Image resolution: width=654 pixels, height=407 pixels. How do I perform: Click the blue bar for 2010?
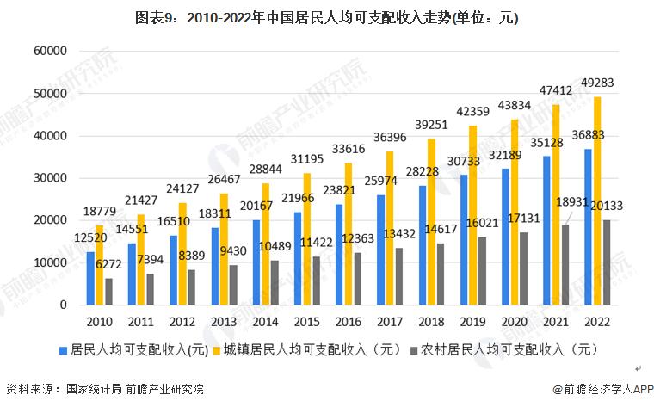click(90, 278)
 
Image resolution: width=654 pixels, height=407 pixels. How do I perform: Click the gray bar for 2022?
click(606, 262)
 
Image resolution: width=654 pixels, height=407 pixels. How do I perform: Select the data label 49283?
click(595, 84)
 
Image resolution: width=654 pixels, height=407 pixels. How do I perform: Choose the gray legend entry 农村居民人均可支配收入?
click(500, 350)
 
